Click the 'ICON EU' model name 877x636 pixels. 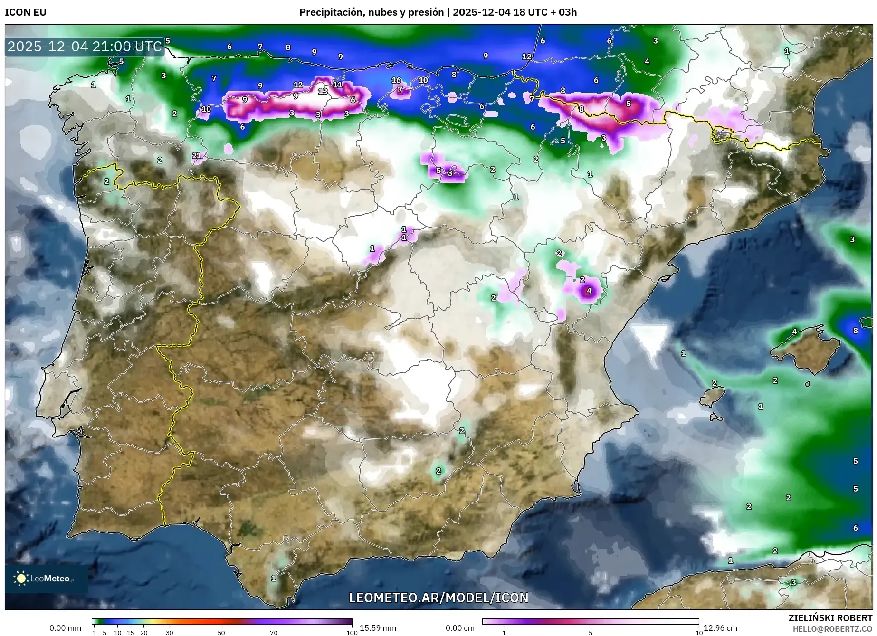(x=26, y=12)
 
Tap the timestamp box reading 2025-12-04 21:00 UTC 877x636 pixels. (x=85, y=47)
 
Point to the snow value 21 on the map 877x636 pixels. (x=197, y=155)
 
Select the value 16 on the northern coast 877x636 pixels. (x=396, y=80)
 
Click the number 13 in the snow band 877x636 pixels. (x=323, y=91)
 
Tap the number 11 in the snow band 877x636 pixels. (x=337, y=85)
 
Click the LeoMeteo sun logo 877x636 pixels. (x=21, y=578)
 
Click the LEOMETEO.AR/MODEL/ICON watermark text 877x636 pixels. (x=438, y=598)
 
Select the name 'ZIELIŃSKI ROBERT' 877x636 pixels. (x=830, y=618)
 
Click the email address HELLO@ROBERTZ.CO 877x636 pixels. (x=832, y=628)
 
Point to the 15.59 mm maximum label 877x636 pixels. (x=378, y=628)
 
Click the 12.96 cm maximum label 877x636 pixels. (x=720, y=628)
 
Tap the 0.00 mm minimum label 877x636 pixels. (x=66, y=628)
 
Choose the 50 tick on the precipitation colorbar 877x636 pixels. (x=221, y=632)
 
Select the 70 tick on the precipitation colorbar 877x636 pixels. (x=274, y=632)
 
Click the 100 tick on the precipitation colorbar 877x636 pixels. (x=352, y=632)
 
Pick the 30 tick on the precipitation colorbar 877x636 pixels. (x=170, y=632)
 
